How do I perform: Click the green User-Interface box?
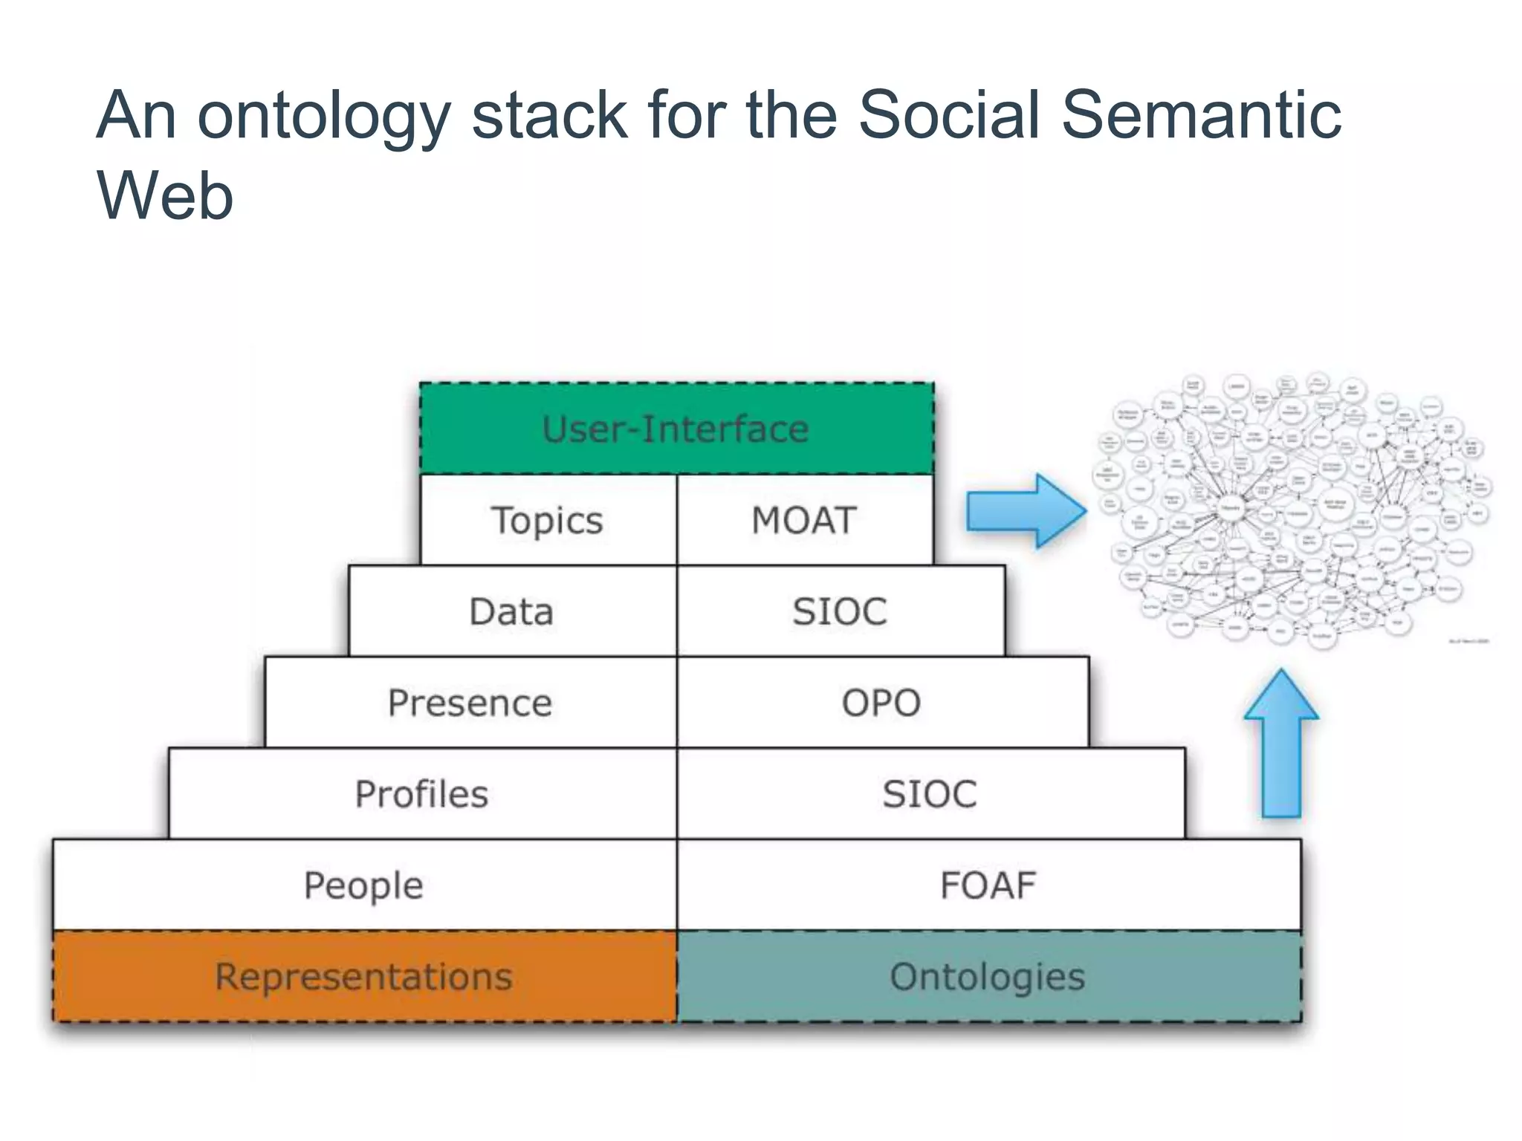pos(676,429)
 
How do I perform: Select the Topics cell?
pos(548,520)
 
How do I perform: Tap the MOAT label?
pos(804,520)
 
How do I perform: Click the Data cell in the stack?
pos(512,611)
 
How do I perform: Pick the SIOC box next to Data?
pos(841,611)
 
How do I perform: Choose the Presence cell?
pos(470,703)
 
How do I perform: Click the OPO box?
pos(881,703)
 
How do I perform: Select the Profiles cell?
pos(422,794)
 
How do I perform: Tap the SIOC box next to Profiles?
pos(930,794)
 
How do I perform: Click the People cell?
pos(364,885)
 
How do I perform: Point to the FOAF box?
pos(988,885)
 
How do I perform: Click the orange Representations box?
pos(364,976)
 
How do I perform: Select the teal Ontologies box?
pos(988,976)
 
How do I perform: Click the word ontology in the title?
pos(324,117)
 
